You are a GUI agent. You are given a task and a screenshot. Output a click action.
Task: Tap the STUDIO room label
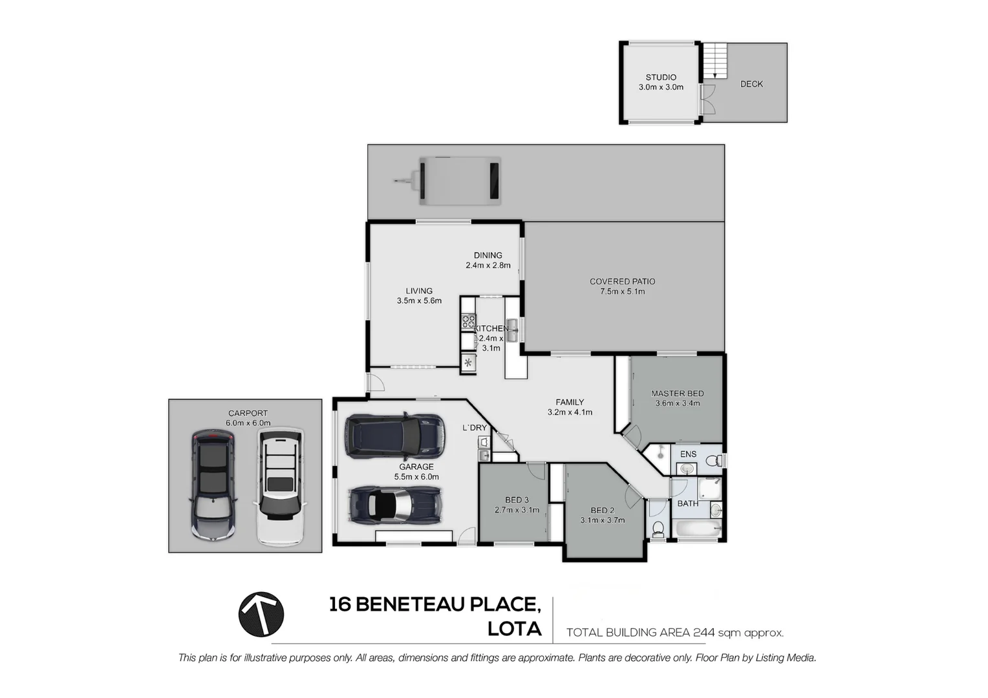pyautogui.click(x=661, y=78)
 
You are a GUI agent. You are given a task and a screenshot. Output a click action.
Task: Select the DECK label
pyautogui.click(x=751, y=84)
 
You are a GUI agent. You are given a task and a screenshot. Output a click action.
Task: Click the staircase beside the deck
pyautogui.click(x=715, y=59)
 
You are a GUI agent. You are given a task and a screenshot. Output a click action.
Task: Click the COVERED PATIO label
pyautogui.click(x=622, y=282)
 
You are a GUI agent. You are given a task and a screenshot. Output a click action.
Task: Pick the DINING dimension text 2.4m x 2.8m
pyautogui.click(x=488, y=266)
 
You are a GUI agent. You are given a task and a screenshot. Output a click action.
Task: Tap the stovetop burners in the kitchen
pyautogui.click(x=468, y=321)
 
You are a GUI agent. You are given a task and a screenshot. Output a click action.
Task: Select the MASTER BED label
pyautogui.click(x=677, y=394)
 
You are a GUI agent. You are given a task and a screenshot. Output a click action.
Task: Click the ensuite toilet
pyautogui.click(x=713, y=461)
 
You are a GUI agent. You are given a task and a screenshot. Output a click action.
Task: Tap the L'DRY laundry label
pyautogui.click(x=475, y=428)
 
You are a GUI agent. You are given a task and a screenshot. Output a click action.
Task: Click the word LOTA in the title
pyautogui.click(x=515, y=629)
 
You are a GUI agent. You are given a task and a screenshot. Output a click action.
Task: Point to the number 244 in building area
pyautogui.click(x=703, y=633)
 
